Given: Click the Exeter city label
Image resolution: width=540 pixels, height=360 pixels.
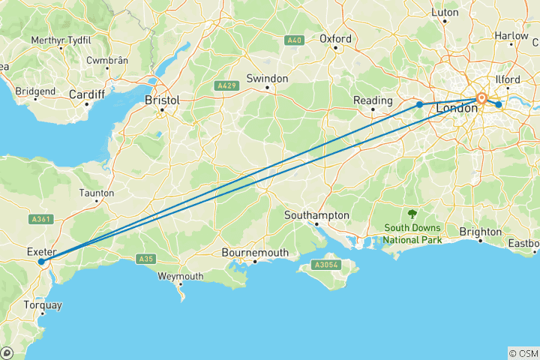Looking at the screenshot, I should point(40,251).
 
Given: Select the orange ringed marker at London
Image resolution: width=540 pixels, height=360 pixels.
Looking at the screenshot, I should point(481,98).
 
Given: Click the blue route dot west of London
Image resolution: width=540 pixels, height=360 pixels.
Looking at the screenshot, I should point(420,104).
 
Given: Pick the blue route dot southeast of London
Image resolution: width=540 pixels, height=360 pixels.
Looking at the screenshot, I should point(499,104).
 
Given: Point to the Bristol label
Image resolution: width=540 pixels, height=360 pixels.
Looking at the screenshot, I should point(163,100).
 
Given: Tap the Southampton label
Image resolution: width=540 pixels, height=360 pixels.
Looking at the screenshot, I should point(316,215).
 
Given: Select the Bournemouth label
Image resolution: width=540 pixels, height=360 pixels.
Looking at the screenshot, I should point(255,253).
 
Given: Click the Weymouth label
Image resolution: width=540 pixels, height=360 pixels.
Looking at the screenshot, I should point(181,276).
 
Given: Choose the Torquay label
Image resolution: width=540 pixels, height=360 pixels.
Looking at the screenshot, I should point(43,305).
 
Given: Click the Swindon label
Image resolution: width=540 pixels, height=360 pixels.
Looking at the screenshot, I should point(268,78).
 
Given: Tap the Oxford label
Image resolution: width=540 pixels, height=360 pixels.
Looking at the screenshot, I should point(335,38).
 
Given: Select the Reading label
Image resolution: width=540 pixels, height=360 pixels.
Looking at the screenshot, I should point(373,100).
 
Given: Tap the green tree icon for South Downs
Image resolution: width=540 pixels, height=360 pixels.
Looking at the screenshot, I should point(412,214).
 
